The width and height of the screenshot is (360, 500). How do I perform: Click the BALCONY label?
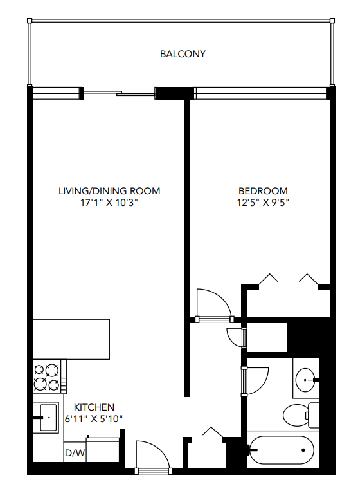183,54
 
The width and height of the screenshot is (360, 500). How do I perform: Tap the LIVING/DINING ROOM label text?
109,191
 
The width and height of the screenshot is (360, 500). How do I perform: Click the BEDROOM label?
263,191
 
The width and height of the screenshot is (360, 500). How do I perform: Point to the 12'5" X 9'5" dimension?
263,202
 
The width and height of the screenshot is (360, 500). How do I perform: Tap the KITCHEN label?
94,407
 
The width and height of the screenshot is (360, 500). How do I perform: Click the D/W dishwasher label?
75,453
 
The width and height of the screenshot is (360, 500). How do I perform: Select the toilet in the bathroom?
298,415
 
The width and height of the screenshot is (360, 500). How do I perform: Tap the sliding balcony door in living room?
119,94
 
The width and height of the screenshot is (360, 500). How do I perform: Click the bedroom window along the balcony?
260,94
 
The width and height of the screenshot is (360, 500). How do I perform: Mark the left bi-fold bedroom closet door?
268,280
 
